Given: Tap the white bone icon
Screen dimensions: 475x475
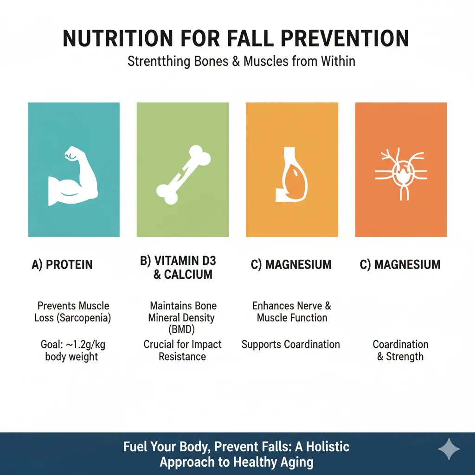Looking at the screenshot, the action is pyautogui.click(x=183, y=175).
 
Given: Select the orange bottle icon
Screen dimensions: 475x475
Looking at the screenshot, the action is pyautogui.click(x=291, y=175).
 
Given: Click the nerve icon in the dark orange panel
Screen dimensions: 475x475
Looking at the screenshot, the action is pyautogui.click(x=401, y=173).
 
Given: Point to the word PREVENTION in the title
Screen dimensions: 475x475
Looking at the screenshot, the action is pyautogui.click(x=345, y=39).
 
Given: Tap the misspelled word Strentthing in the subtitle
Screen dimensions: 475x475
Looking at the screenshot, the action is pyautogui.click(x=159, y=62).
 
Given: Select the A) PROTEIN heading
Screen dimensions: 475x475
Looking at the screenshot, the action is pyautogui.click(x=62, y=264).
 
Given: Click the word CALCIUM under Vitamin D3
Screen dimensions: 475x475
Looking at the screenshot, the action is pyautogui.click(x=188, y=275).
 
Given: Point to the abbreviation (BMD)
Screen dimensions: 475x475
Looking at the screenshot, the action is pyautogui.click(x=181, y=329).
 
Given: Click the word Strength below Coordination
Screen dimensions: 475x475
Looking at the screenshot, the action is pyautogui.click(x=404, y=357).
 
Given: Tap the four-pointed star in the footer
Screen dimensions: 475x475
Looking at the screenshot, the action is pyautogui.click(x=449, y=449).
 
